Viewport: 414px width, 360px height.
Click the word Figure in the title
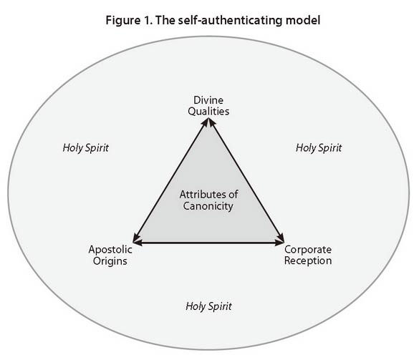click(123, 21)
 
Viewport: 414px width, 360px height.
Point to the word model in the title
click(303, 20)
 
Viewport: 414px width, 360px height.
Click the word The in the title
click(165, 20)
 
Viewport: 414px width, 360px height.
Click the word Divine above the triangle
click(208, 100)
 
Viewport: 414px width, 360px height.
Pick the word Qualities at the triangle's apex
click(208, 112)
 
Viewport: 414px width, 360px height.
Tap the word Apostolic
click(110, 250)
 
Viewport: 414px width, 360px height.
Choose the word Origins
click(110, 261)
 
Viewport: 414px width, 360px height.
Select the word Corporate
click(308, 250)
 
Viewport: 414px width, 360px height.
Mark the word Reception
click(308, 261)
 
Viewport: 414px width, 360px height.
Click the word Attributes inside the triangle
click(203, 195)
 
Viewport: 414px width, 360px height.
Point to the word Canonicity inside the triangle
click(208, 206)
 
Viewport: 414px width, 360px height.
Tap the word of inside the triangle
click(234, 195)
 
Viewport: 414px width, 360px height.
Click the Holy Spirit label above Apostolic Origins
click(85, 148)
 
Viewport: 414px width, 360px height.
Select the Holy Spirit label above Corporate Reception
click(319, 148)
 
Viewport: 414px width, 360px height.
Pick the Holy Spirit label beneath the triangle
click(208, 306)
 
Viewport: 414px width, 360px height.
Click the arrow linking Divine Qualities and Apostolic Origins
click(170, 180)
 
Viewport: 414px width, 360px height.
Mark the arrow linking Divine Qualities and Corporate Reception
click(246, 180)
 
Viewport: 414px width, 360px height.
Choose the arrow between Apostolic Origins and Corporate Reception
click(208, 242)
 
